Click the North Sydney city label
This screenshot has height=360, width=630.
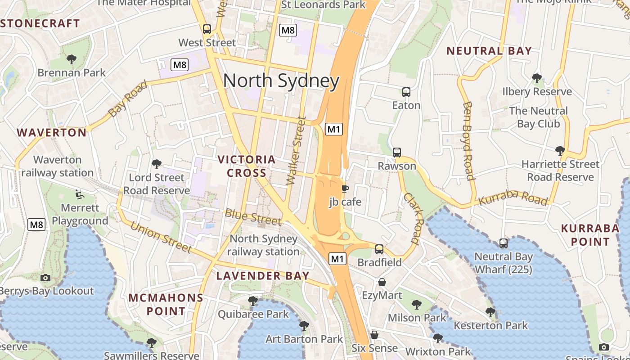click(281, 81)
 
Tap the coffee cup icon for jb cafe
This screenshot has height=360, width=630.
click(345, 189)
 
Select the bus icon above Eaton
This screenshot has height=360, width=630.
click(406, 92)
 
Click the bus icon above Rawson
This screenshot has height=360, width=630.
click(396, 153)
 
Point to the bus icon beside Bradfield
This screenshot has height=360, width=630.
click(379, 249)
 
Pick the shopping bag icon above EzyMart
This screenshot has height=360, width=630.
click(382, 282)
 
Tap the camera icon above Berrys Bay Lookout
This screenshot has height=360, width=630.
click(45, 278)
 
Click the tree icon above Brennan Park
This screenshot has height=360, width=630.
click(71, 59)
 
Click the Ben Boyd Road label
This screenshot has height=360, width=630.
click(468, 140)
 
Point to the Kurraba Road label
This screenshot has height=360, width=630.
click(513, 198)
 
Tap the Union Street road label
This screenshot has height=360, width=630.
click(161, 237)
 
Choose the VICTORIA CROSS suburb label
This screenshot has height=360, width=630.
click(247, 166)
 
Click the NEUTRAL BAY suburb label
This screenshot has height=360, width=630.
click(489, 51)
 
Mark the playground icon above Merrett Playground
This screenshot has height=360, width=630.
click(80, 195)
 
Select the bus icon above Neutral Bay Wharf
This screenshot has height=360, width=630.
click(504, 244)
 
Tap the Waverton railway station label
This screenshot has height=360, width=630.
click(58, 166)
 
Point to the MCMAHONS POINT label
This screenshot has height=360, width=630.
click(166, 304)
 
